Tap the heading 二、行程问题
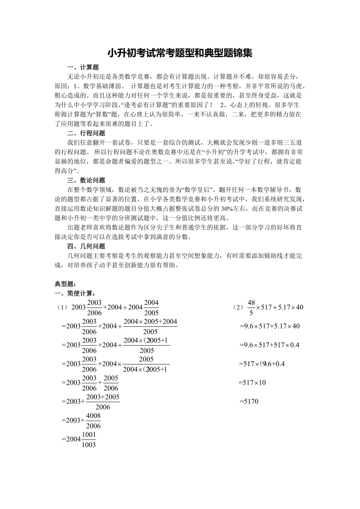pos(86,133)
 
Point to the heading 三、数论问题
pos(86,180)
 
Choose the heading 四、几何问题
pos(86,246)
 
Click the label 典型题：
pos(65,284)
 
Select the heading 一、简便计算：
pos(75,294)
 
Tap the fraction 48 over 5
pos(251,307)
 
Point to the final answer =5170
pos(249,401)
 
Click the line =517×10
pos(252,383)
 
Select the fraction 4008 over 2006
pos(93,421)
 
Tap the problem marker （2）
pos(238,307)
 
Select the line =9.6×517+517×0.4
pos(269,345)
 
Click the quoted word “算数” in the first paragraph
pos(102,115)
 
